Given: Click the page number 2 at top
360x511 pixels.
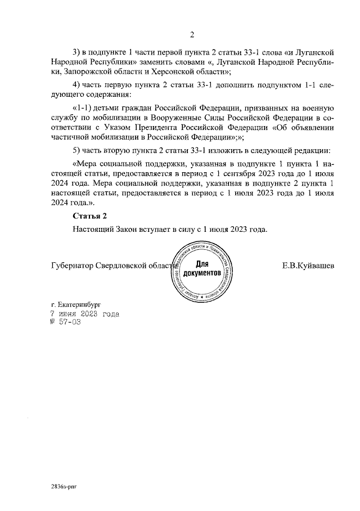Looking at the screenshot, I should [x=191, y=37].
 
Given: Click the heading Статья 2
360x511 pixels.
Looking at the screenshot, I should [x=89, y=216].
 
